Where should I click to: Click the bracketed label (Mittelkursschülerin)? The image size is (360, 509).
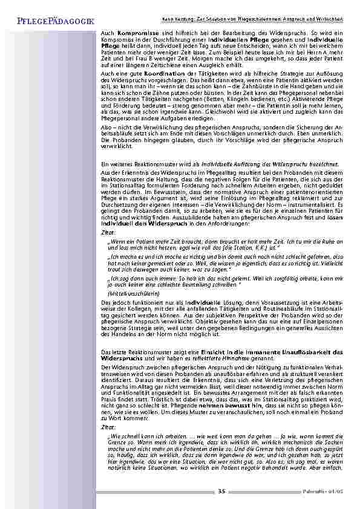click(x=128, y=293)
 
